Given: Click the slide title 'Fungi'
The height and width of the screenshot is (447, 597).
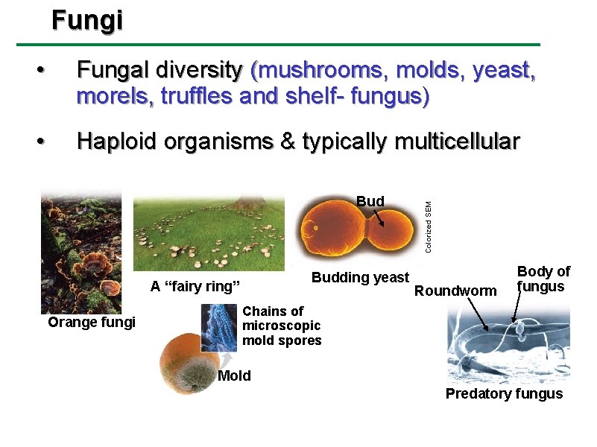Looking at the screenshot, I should click(x=87, y=21).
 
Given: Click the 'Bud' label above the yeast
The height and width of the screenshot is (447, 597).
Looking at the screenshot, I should click(x=370, y=201).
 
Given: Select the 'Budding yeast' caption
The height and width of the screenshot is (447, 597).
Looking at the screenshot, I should click(x=360, y=278).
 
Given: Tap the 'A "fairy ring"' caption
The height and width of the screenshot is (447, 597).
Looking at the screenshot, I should click(x=195, y=287).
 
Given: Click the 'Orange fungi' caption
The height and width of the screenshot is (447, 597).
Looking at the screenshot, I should click(x=92, y=322).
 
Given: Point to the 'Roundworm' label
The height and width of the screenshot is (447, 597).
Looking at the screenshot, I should click(x=455, y=291).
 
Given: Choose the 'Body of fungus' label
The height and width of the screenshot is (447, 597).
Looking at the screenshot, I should click(x=543, y=279).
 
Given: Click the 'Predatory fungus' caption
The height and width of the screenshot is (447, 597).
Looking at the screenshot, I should click(x=504, y=394).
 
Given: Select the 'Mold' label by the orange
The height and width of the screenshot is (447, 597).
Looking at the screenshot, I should click(x=234, y=376).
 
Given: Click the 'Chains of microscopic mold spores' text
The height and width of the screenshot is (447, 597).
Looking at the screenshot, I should click(x=282, y=326).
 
